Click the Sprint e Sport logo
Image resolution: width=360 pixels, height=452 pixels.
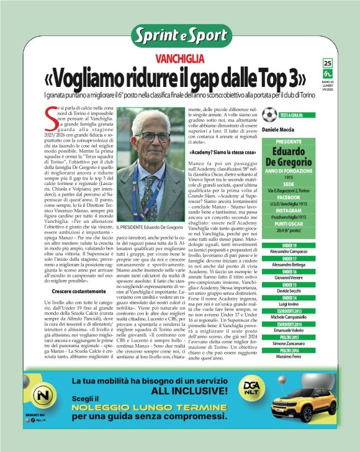click(x=179, y=35)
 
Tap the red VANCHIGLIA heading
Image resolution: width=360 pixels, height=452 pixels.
click(x=179, y=60)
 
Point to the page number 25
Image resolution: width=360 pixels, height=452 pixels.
click(x=327, y=63)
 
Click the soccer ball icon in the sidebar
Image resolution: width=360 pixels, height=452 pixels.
click(x=269, y=115)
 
